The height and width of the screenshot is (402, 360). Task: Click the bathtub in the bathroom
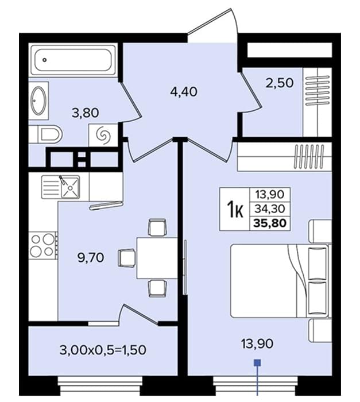[x=73, y=60]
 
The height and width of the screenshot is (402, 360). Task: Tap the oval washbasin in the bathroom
[x=38, y=100]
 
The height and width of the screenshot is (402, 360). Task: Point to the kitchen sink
[x=60, y=187]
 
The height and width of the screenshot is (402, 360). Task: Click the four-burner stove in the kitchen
[x=43, y=246]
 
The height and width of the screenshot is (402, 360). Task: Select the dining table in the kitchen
[x=157, y=258]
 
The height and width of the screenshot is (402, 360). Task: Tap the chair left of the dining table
[x=127, y=258]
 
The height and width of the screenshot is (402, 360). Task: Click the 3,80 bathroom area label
[x=86, y=113]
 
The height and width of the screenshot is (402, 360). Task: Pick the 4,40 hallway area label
[x=184, y=91]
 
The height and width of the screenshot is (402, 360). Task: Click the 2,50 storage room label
[x=280, y=83]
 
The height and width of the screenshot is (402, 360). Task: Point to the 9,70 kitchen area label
[x=91, y=257]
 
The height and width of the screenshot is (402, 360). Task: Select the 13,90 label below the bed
[x=257, y=343]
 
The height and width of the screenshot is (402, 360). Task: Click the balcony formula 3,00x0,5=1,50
[x=103, y=350]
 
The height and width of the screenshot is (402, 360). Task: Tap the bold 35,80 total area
[x=270, y=223]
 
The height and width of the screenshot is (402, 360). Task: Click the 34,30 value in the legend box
[x=270, y=209]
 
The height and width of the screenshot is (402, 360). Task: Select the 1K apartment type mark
[x=235, y=209]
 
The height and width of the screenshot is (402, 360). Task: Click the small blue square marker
[x=257, y=362]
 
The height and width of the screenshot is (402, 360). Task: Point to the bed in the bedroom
[x=280, y=281]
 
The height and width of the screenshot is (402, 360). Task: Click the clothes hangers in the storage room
[x=317, y=90]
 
